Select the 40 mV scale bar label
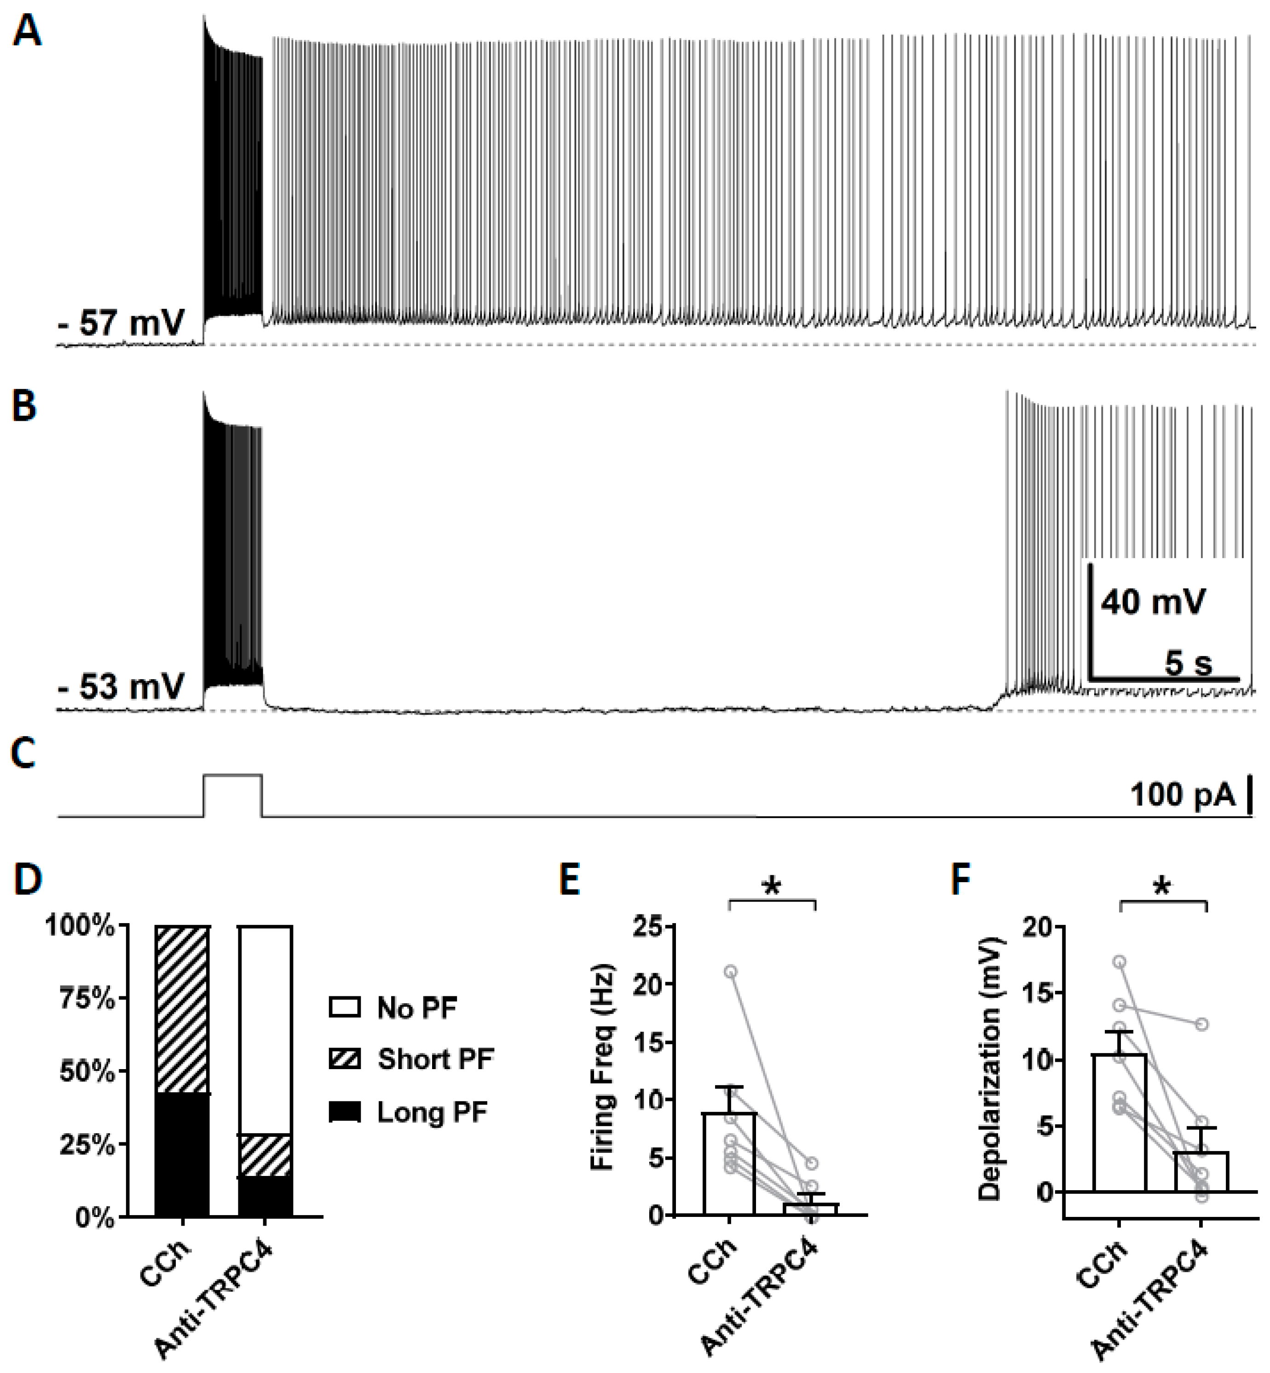click(x=1153, y=602)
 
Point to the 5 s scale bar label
click(x=1188, y=663)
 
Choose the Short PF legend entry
click(x=434, y=1059)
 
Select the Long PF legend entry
click(x=432, y=1112)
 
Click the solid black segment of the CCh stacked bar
click(x=182, y=1155)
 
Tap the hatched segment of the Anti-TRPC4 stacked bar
click(x=265, y=1156)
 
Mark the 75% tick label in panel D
click(x=87, y=998)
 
